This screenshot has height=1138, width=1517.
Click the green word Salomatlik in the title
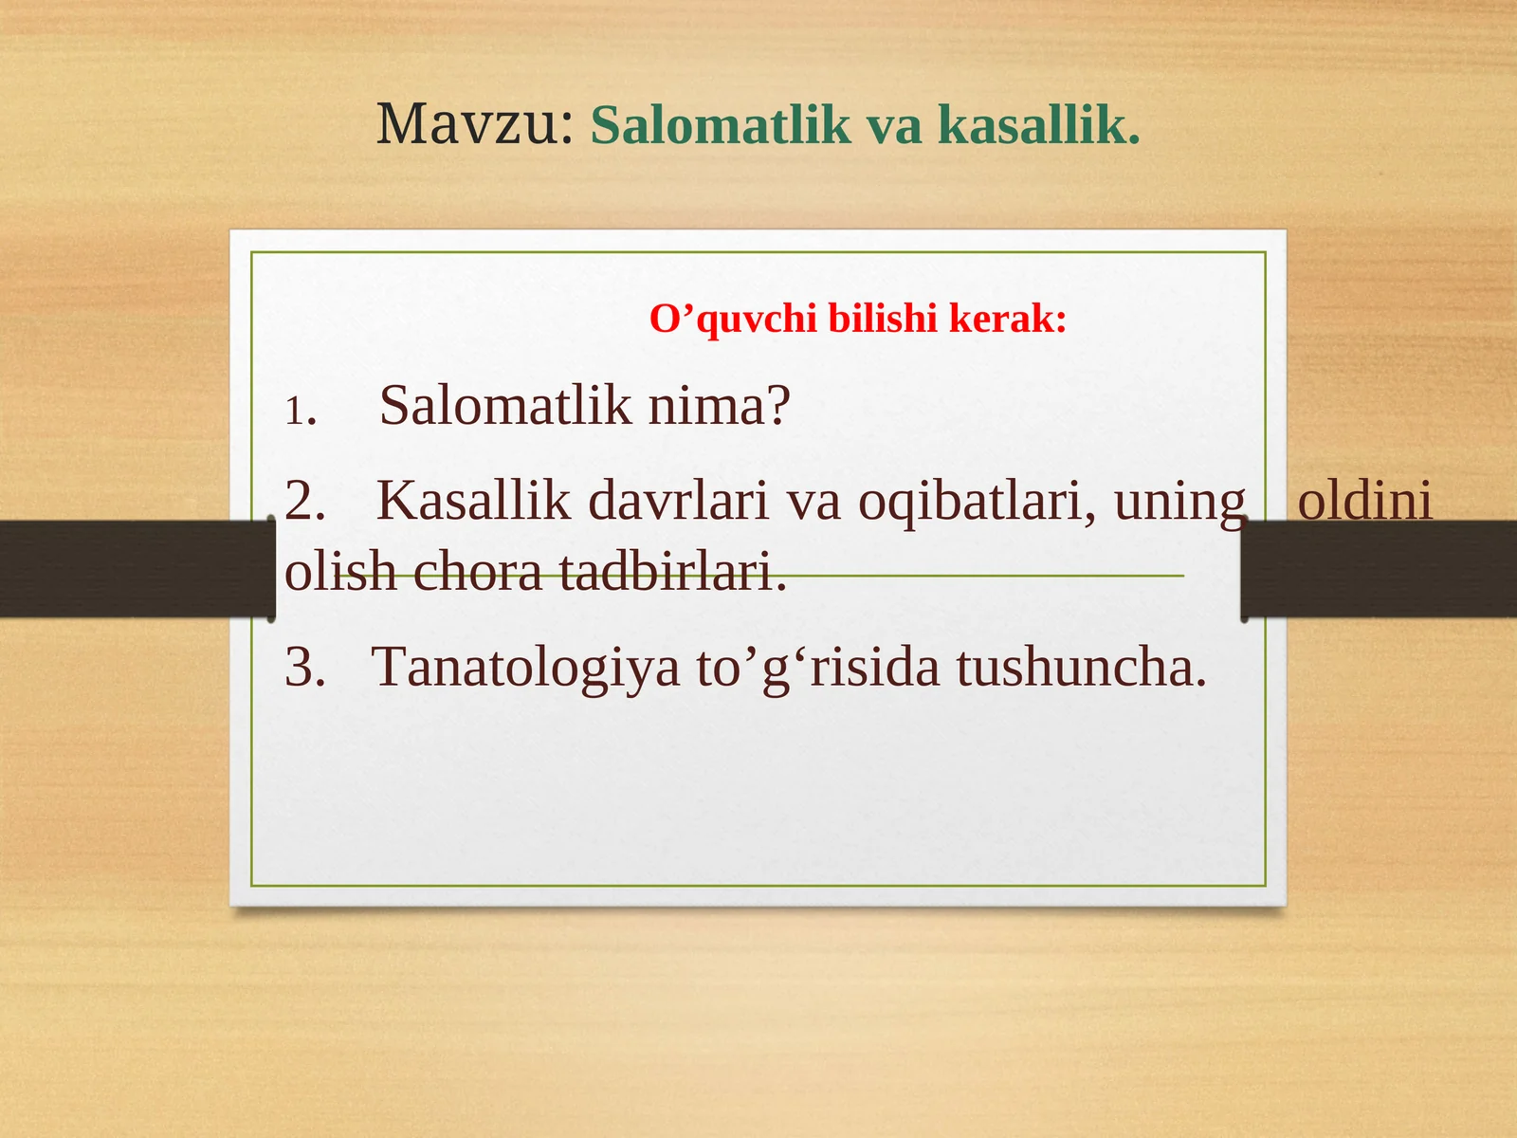(x=721, y=125)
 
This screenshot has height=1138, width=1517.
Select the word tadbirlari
(x=672, y=572)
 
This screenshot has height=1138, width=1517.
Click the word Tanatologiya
(x=526, y=667)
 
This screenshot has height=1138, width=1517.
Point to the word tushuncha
(x=1081, y=667)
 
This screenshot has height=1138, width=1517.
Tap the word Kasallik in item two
(x=473, y=501)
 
